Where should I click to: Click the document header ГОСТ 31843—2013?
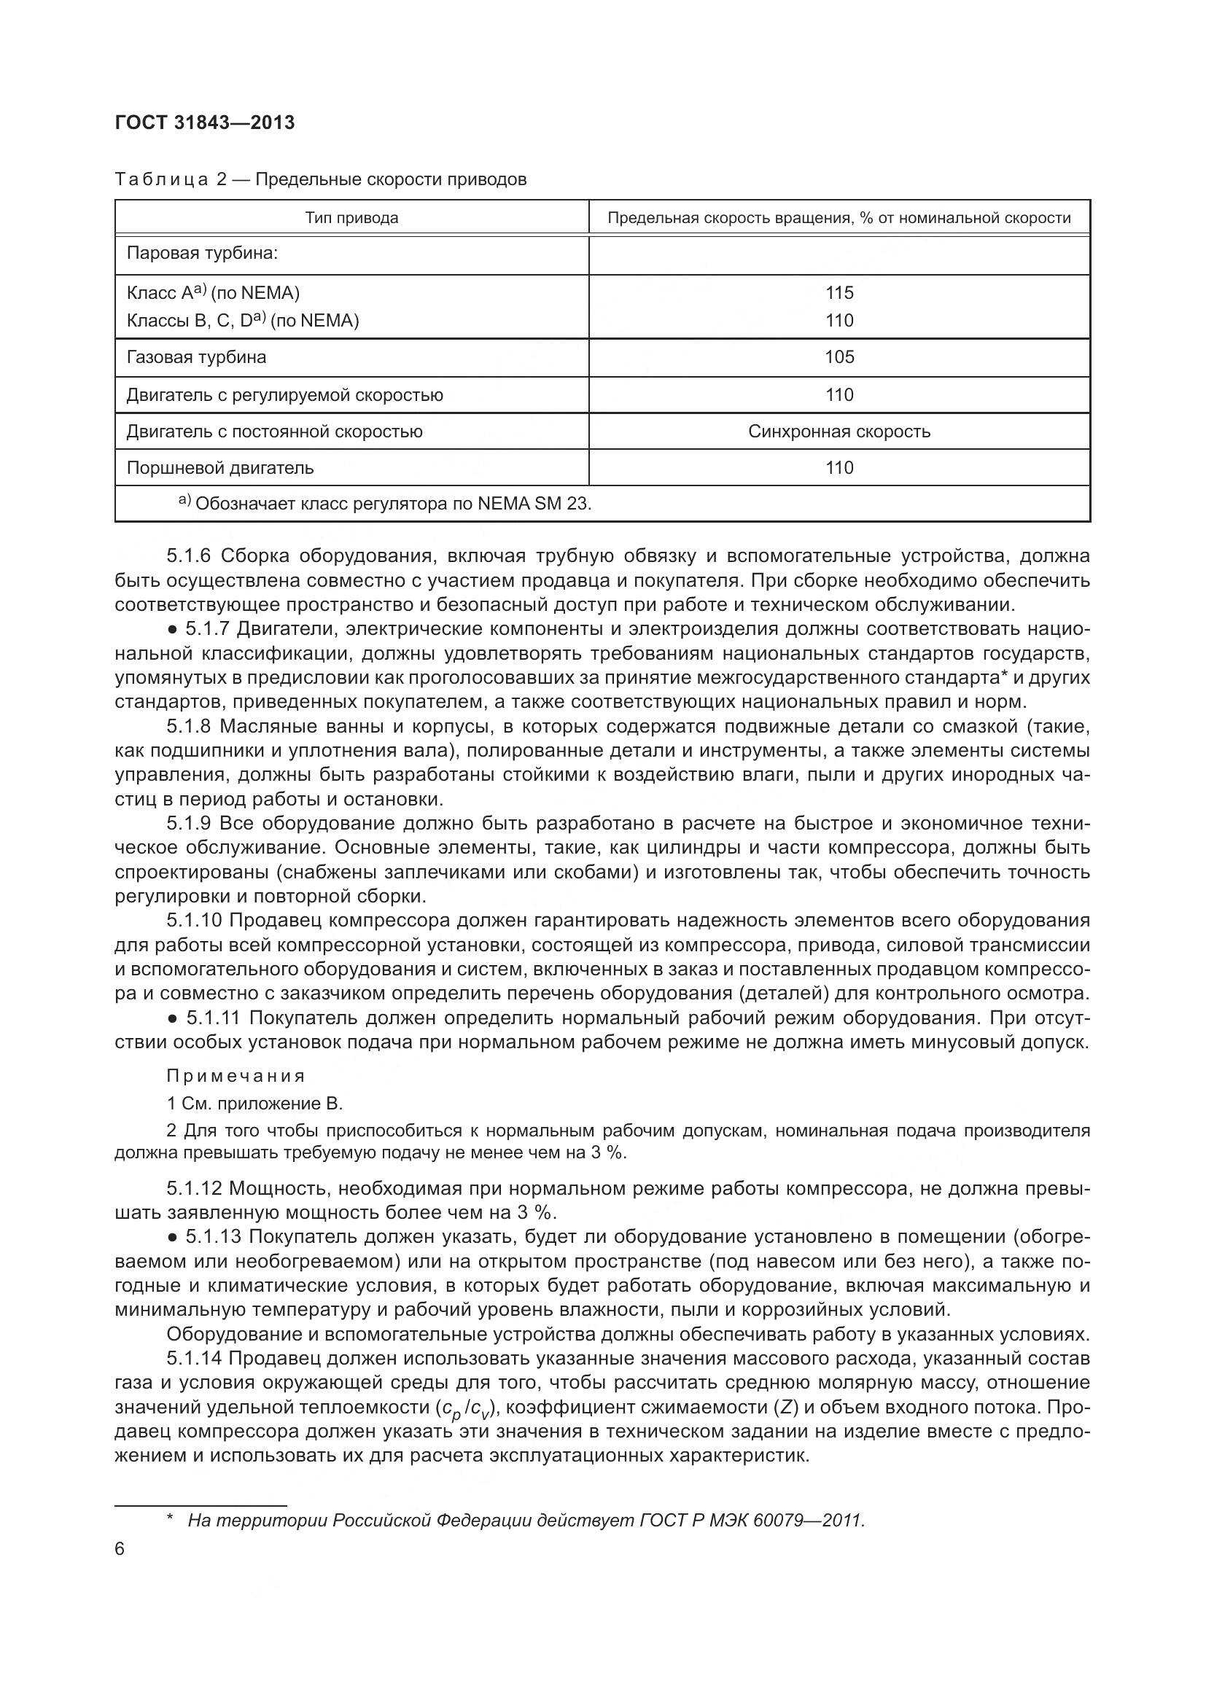[x=205, y=122]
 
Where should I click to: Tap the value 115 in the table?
[x=839, y=292]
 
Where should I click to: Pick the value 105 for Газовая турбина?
[x=839, y=357]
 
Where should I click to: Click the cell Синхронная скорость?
[x=839, y=432]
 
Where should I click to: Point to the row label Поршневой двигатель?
[x=220, y=468]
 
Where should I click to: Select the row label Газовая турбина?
[x=196, y=357]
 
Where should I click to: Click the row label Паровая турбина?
[x=202, y=253]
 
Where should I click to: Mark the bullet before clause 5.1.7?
[x=172, y=630]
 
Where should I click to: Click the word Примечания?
[x=236, y=1076]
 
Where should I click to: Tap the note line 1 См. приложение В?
[x=254, y=1104]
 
